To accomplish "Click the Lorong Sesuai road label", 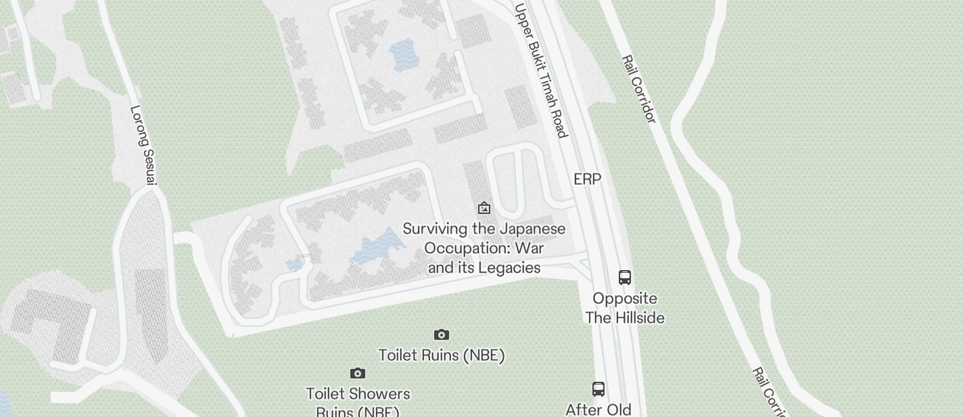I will pos(143,145).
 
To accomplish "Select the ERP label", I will pos(587,179).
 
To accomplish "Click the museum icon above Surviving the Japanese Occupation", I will pos(484,208).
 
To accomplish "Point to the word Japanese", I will pos(532,229).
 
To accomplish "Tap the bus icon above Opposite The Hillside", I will pos(625,277).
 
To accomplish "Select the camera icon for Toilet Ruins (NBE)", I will pos(442,334).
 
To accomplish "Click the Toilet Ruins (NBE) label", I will pos(442,355).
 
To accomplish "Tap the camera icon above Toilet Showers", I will pos(358,373).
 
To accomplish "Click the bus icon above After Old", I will pos(598,389).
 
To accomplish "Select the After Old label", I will pos(598,409).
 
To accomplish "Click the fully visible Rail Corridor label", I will pos(638,89).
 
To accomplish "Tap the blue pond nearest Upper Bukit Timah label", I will pos(404,55).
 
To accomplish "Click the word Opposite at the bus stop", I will pos(625,299).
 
